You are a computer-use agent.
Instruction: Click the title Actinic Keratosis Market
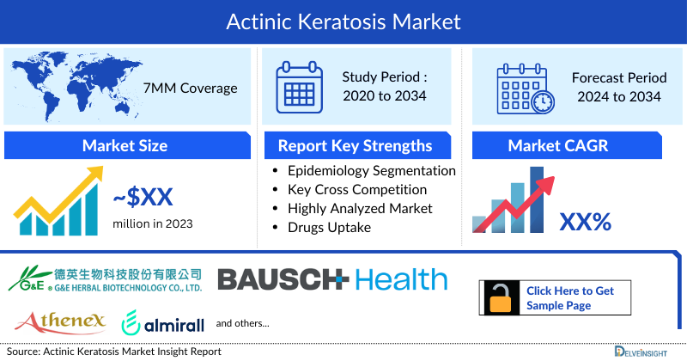(343, 21)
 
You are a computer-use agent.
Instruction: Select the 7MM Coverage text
(192, 88)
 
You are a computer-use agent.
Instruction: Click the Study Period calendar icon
(300, 87)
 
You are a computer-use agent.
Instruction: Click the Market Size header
(125, 145)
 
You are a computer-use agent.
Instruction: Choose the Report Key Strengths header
(355, 145)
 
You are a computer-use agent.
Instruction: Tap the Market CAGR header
(569, 145)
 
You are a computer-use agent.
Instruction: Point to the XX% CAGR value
(585, 223)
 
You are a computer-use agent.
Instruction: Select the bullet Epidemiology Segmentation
(371, 170)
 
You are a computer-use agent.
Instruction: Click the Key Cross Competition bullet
(357, 189)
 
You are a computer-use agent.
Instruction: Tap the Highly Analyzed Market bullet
(360, 208)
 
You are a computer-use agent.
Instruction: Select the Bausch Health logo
(331, 278)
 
